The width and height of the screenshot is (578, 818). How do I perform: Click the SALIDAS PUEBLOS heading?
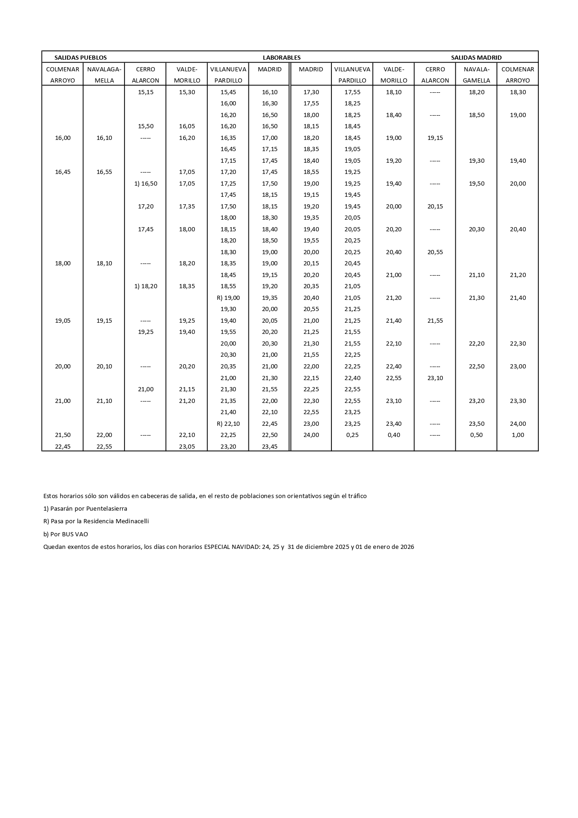(81, 57)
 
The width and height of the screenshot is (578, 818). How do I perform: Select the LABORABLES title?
(282, 57)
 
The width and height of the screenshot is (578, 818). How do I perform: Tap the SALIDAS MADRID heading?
(476, 57)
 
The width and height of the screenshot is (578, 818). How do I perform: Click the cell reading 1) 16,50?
(145, 183)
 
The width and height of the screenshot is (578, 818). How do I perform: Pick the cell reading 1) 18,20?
(145, 286)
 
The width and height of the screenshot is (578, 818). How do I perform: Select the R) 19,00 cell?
(228, 298)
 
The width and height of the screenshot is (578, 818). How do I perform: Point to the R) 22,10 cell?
(228, 423)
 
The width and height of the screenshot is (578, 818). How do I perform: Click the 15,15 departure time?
(145, 92)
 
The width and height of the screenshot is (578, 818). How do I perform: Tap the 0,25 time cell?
(352, 435)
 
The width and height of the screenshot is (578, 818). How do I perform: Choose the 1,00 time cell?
(517, 435)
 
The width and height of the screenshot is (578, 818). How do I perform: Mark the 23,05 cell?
(187, 446)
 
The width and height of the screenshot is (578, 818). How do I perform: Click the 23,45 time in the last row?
(269, 446)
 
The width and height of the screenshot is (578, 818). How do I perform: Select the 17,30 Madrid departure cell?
(311, 92)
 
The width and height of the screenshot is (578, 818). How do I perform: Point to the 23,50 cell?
(476, 423)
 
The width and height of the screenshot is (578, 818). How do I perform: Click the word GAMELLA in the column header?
(476, 80)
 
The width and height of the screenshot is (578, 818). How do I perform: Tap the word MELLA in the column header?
(104, 80)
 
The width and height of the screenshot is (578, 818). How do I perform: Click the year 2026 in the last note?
(406, 547)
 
